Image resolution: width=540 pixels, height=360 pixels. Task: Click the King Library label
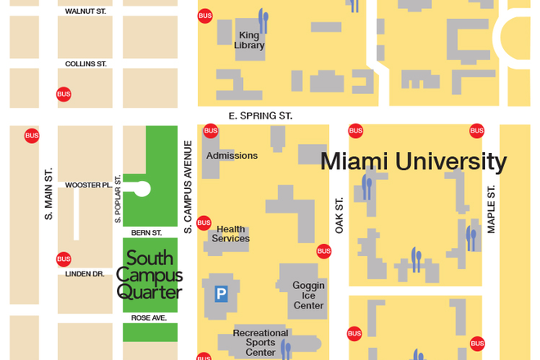(x=250, y=40)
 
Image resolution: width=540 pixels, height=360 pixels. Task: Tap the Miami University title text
(x=413, y=161)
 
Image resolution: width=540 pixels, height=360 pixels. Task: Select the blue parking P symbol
(x=221, y=294)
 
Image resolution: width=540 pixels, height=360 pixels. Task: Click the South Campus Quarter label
(x=149, y=275)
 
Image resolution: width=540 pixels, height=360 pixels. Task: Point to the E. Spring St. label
(x=260, y=116)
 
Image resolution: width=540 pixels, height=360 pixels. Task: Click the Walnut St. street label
(x=86, y=12)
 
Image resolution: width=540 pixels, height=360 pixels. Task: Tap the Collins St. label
(x=86, y=63)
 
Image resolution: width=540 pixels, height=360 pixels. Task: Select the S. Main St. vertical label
(x=48, y=193)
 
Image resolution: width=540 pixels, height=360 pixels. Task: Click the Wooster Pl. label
(x=88, y=185)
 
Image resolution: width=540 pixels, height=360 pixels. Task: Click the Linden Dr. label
(x=86, y=273)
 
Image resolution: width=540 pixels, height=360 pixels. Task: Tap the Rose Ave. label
(x=149, y=317)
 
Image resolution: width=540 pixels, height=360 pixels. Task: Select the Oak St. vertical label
(x=339, y=215)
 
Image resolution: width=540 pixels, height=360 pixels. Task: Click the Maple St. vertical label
(x=492, y=209)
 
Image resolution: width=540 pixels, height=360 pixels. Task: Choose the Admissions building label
(x=232, y=155)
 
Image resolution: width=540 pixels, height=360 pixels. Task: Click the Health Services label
(x=231, y=234)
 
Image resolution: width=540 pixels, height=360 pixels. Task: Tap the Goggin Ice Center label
(x=308, y=295)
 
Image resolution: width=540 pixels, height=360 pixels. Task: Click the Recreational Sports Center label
(x=261, y=343)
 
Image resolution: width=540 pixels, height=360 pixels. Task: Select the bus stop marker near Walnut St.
(x=205, y=16)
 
